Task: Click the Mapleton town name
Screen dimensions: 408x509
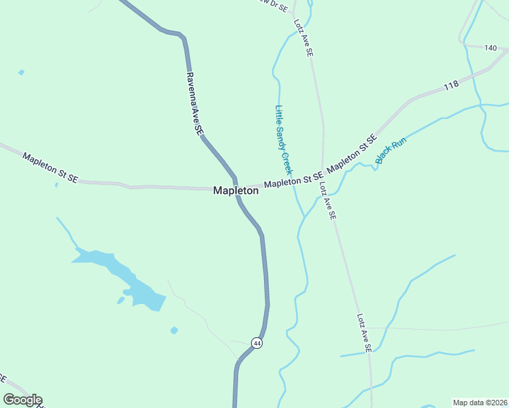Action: (235, 191)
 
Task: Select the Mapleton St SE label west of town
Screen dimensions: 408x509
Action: (50, 167)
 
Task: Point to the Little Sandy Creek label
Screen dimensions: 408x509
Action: (283, 139)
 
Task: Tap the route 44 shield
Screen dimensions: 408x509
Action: (256, 343)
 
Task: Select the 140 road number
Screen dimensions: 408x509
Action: (491, 48)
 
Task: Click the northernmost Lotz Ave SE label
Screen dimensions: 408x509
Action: (303, 37)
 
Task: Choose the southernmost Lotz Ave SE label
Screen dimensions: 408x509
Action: (364, 333)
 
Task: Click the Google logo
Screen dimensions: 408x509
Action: (22, 400)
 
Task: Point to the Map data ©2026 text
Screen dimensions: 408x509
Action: (479, 402)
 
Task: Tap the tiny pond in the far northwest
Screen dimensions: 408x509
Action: (22, 72)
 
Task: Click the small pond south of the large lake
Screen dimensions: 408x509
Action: (174, 330)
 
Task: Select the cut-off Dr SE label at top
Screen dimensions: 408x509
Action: (274, 4)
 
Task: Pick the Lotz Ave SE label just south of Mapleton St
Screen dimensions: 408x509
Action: (327, 201)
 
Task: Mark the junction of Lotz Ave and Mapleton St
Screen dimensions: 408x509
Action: (323, 173)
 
